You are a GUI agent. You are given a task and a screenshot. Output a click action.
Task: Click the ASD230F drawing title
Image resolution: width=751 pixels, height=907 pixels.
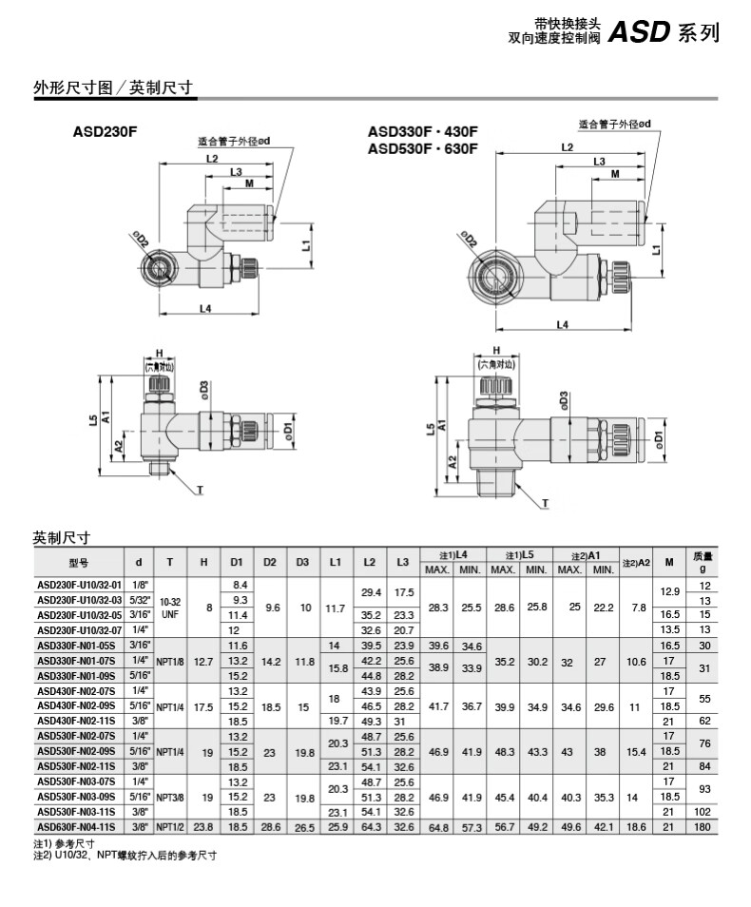point(105,131)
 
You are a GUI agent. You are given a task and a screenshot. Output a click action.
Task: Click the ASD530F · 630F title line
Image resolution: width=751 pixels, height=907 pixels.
point(423,149)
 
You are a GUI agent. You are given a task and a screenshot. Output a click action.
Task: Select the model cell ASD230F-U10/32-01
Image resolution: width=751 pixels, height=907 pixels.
point(79,585)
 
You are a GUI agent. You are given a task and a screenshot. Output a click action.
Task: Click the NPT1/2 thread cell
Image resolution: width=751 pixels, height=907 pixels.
point(169,827)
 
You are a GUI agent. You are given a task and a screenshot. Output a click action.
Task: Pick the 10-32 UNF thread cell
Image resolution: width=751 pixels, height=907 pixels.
point(169,608)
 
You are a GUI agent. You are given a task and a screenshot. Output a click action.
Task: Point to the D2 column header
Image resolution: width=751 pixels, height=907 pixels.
point(270,562)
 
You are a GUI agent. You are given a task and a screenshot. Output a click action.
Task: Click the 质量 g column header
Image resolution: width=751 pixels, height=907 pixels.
point(703,562)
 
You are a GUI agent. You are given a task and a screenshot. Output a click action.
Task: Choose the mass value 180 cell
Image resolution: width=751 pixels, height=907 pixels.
point(702,827)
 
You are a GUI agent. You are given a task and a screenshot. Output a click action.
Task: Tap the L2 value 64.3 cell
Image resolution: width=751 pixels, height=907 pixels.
point(371,827)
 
